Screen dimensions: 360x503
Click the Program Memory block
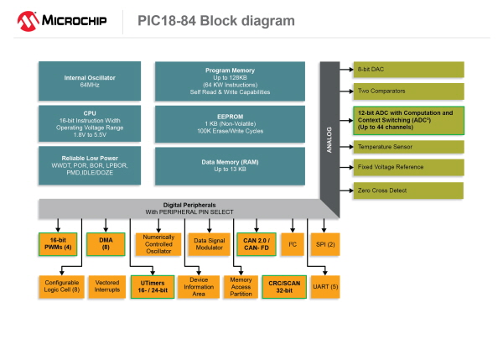tap(229, 81)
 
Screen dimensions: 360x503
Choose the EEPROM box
tap(229, 123)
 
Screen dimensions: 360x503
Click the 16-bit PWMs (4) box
tap(58, 244)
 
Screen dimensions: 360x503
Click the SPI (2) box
tap(324, 244)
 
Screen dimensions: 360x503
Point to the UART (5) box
tap(324, 288)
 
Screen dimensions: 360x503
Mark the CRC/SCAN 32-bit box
tap(283, 288)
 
